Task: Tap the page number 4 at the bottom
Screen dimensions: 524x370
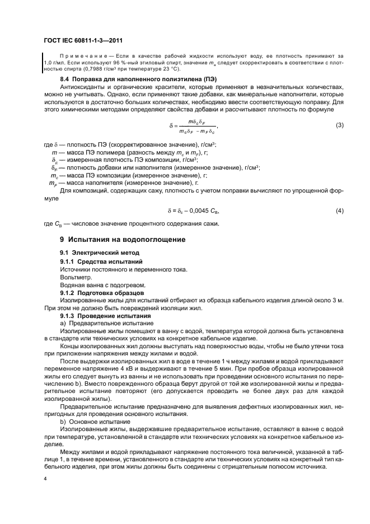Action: (x=46, y=479)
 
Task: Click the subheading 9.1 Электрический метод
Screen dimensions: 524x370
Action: (x=97, y=254)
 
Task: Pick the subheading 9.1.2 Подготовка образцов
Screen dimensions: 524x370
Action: (x=103, y=293)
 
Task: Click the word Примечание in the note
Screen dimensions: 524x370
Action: (x=79, y=57)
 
